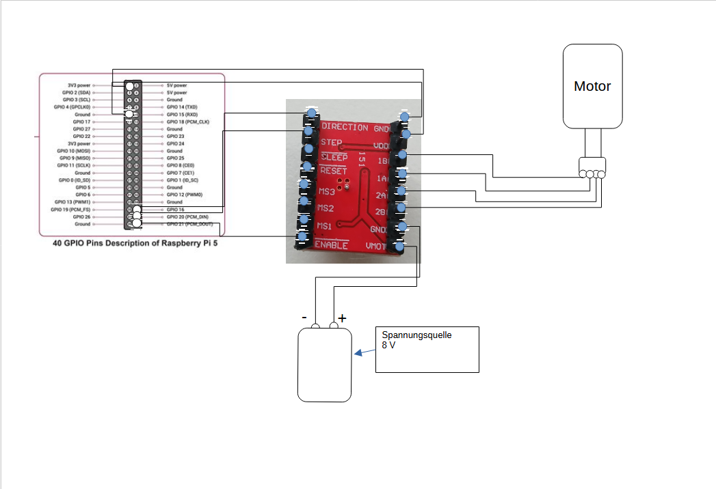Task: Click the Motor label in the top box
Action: pyautogui.click(x=592, y=87)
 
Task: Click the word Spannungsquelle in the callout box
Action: pyautogui.click(x=416, y=335)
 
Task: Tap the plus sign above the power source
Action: pyautogui.click(x=342, y=318)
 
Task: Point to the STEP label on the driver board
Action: pyautogui.click(x=331, y=143)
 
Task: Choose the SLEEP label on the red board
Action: pyautogui.click(x=334, y=158)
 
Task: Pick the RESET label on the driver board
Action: pyautogui.click(x=334, y=171)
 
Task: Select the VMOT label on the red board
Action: pyautogui.click(x=378, y=246)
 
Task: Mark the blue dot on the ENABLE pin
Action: pyautogui.click(x=302, y=238)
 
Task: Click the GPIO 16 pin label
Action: pyautogui.click(x=176, y=210)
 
